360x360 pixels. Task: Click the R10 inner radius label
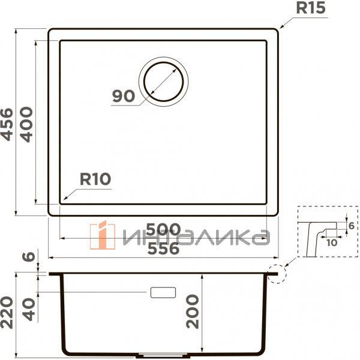(x=96, y=179)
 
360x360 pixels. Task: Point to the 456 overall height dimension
(x=7, y=124)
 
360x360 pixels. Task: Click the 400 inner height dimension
(x=26, y=124)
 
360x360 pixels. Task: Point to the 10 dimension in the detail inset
(x=332, y=242)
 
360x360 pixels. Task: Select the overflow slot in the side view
(x=163, y=292)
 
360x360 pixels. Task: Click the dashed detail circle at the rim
(x=277, y=274)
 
